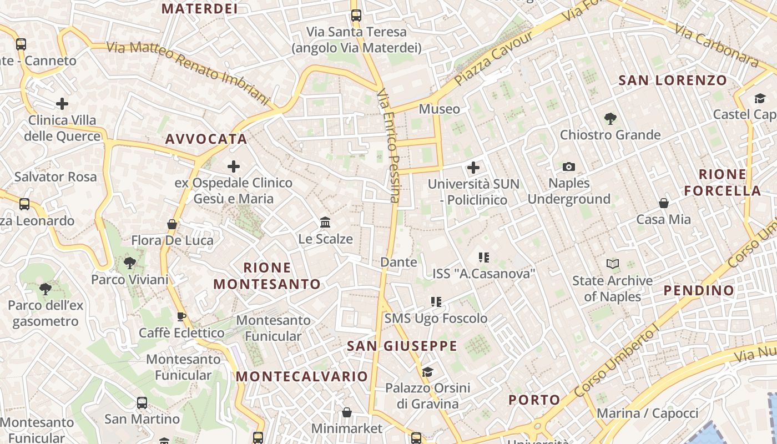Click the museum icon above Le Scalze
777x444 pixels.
(326, 223)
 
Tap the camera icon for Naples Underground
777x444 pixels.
(569, 167)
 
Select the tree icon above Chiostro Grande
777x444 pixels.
(610, 118)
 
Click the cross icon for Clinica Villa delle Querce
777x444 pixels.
(62, 103)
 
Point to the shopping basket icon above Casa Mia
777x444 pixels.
(664, 203)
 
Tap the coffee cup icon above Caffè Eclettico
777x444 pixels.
(181, 316)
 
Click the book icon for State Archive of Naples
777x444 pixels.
(613, 264)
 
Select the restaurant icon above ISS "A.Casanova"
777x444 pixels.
(483, 257)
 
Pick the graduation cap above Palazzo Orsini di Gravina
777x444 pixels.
(427, 371)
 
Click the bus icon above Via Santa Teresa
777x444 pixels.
(356, 16)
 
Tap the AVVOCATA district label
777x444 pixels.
(206, 139)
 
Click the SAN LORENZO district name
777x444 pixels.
(673, 80)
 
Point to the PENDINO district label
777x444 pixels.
(699, 290)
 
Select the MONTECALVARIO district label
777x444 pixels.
(302, 376)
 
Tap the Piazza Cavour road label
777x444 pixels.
(494, 58)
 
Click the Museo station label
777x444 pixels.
(439, 109)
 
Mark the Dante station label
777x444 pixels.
(398, 262)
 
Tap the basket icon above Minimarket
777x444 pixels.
(347, 412)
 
